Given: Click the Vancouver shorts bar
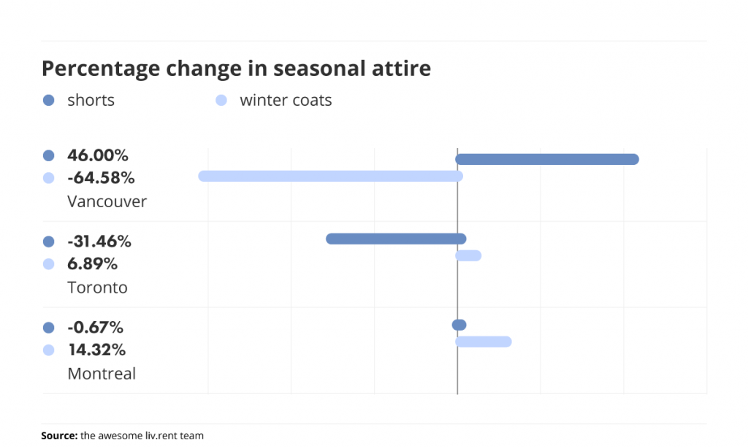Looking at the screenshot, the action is [x=547, y=159].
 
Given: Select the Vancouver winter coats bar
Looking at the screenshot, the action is [x=331, y=177].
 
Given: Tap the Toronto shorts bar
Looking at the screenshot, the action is [x=396, y=239].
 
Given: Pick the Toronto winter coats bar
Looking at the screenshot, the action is [x=468, y=255].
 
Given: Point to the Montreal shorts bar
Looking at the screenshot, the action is [x=459, y=325].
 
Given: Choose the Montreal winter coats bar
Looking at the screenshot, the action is [x=484, y=341].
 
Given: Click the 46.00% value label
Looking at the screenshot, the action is [x=98, y=155].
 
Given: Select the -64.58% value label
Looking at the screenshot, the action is [x=101, y=178].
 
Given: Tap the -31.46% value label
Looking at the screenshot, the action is [x=99, y=242].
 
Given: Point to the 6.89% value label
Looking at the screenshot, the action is [x=93, y=263].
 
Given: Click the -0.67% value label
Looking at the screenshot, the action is [x=96, y=328].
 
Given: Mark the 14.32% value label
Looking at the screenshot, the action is [x=97, y=349].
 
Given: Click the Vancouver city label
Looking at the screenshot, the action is [x=107, y=201].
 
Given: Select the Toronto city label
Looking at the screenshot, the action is [x=97, y=287].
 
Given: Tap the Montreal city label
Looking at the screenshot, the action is [x=102, y=374].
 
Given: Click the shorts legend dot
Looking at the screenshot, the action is [x=49, y=100].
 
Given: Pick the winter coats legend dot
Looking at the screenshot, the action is [x=221, y=100].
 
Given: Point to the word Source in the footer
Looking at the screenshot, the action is [x=59, y=436].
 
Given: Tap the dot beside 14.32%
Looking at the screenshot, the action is [x=49, y=350].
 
